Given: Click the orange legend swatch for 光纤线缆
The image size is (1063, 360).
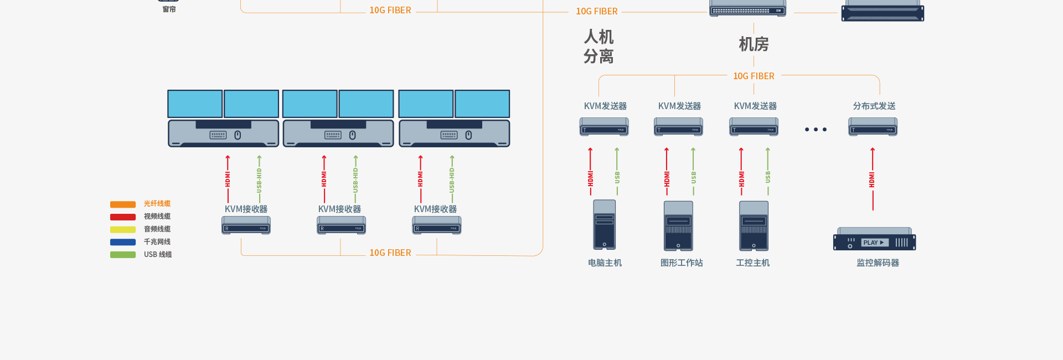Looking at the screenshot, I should (123, 204).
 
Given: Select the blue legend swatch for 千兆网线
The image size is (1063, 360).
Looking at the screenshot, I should (123, 242).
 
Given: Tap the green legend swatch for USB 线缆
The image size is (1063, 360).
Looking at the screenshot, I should (123, 255).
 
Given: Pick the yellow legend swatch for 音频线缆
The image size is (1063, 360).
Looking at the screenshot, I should (123, 229).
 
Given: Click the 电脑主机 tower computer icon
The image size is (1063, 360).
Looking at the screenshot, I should (604, 225).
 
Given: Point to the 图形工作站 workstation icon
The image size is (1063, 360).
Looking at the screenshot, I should (678, 226).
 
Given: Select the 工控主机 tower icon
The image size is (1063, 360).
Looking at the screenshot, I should (754, 226).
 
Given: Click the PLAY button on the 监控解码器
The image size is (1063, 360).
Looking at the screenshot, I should (874, 243).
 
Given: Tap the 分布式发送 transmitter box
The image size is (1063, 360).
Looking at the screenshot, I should (873, 127).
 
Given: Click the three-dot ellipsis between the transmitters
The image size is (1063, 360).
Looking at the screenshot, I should (816, 130).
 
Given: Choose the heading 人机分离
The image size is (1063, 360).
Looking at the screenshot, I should (598, 47).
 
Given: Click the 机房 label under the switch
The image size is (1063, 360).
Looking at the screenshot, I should (754, 44).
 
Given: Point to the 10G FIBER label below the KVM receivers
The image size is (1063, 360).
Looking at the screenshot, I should (390, 253).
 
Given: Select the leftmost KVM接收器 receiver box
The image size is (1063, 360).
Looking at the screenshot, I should (246, 225).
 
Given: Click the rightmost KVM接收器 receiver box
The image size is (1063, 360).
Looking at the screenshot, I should (436, 225).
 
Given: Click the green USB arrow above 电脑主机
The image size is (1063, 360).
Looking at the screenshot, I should (617, 172).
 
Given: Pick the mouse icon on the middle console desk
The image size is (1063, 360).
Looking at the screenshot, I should (353, 135).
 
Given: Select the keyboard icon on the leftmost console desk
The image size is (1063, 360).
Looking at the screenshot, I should (218, 135).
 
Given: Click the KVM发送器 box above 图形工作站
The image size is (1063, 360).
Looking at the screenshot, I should (678, 127).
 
